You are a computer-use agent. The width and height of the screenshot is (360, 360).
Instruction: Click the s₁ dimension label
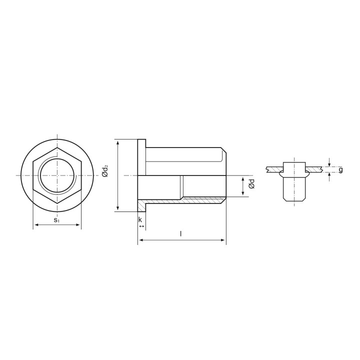tap(56, 220)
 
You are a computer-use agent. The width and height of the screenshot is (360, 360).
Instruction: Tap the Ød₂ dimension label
tap(105, 171)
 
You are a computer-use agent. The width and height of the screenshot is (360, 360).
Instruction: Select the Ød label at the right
tap(252, 184)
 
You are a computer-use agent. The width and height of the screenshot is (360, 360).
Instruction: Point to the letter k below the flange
tap(140, 219)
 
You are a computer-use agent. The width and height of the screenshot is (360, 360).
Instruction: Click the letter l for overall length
tap(181, 233)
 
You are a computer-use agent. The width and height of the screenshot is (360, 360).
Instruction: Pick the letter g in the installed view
tap(340, 170)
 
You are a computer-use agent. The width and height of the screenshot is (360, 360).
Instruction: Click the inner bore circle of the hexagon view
tap(57, 158)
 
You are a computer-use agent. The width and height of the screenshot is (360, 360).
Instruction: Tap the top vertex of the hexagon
tap(57, 147)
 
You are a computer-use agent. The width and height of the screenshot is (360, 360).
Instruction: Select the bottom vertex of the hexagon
tap(57, 203)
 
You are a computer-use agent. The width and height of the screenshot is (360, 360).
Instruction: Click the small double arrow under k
tap(141, 226)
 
